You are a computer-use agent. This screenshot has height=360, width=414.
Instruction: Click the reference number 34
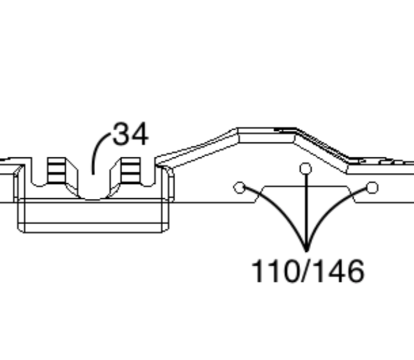point(131,134)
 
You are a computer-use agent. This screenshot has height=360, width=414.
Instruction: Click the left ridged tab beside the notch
point(57,170)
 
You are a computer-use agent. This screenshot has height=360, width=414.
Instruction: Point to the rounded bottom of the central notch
point(94,195)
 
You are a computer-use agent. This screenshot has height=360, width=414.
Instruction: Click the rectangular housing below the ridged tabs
point(94,216)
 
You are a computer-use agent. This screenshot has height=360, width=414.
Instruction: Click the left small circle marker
point(239,188)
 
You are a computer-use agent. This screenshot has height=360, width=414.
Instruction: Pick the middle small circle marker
point(306,169)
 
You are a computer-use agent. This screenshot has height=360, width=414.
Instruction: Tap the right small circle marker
point(372,188)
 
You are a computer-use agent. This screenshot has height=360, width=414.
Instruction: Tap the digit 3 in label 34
point(122,134)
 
